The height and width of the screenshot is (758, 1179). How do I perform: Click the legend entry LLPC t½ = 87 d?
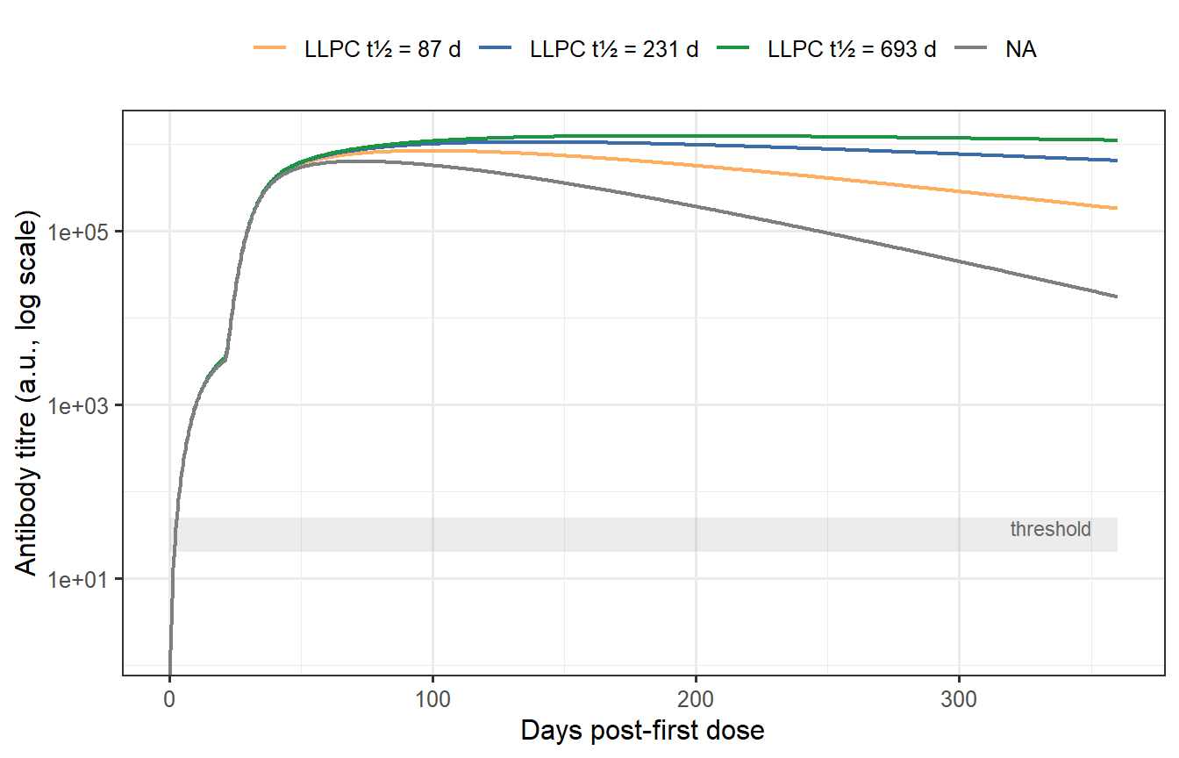click(x=382, y=49)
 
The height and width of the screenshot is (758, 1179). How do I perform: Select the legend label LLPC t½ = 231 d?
click(x=614, y=49)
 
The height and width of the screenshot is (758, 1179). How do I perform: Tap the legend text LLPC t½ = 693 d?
click(x=852, y=49)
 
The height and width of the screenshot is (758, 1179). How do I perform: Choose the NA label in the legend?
click(x=1021, y=49)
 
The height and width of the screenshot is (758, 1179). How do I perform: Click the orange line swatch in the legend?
click(x=270, y=49)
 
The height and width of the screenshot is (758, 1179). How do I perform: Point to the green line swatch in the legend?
click(x=733, y=49)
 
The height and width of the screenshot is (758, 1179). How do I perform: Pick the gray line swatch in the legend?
click(x=971, y=49)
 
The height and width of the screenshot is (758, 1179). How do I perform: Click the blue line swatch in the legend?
click(x=497, y=49)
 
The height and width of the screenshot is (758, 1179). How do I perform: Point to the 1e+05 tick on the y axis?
click(x=88, y=232)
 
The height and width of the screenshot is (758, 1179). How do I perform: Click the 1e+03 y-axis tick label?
click(x=88, y=405)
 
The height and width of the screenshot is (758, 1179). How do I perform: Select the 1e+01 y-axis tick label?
click(x=88, y=579)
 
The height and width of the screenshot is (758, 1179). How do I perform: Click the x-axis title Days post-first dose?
click(x=642, y=730)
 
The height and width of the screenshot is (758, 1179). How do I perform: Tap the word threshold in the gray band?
click(x=1050, y=529)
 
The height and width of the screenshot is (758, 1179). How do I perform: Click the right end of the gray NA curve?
click(x=1116, y=297)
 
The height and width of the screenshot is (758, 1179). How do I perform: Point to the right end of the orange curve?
click(x=1116, y=208)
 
